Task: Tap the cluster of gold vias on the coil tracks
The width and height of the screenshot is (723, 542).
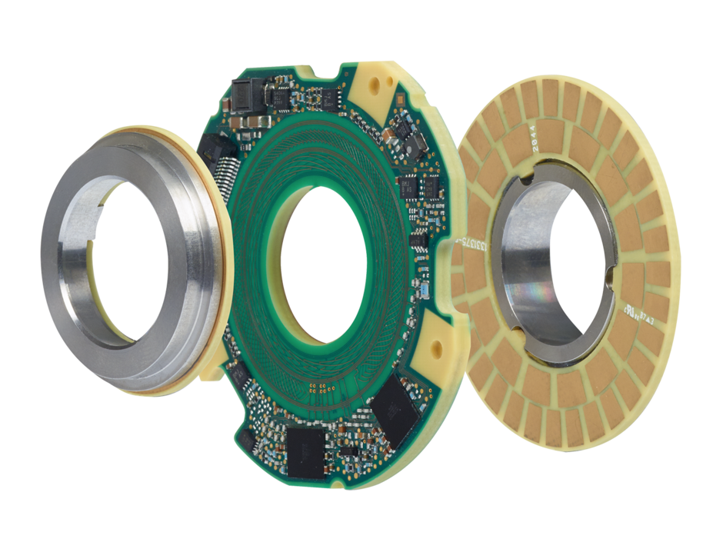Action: coord(319,382)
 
